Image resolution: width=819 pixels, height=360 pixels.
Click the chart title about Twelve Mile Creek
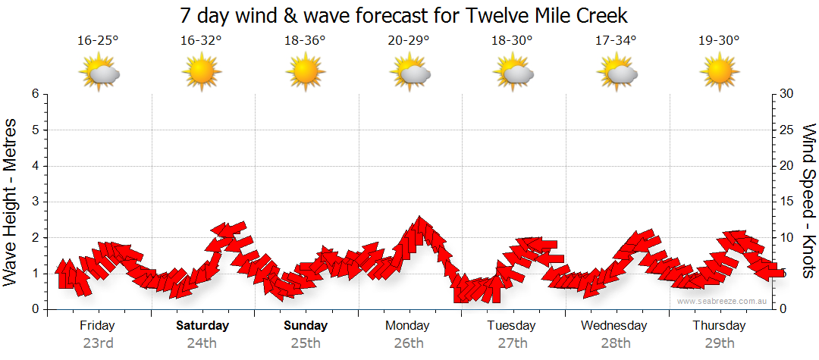[x=404, y=15]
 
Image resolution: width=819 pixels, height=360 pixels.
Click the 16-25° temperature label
[x=98, y=41]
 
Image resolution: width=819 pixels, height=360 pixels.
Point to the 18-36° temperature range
[x=305, y=41]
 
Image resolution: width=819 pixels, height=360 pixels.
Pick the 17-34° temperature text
[x=615, y=41]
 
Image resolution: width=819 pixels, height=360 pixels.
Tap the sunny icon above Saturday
[x=202, y=73]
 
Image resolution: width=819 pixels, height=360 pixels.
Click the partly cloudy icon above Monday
[x=409, y=73]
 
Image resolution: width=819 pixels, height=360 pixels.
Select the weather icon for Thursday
[x=719, y=73]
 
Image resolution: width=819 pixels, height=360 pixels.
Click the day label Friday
[x=98, y=326]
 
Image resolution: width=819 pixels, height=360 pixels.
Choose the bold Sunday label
[x=306, y=326]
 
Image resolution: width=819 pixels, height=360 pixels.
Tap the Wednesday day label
[x=614, y=326]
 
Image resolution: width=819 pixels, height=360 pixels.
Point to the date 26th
[x=409, y=343]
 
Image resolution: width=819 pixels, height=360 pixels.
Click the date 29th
[x=719, y=343]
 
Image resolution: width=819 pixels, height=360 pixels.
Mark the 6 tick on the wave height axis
[x=35, y=94]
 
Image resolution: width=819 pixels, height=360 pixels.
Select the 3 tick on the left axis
[x=35, y=202]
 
